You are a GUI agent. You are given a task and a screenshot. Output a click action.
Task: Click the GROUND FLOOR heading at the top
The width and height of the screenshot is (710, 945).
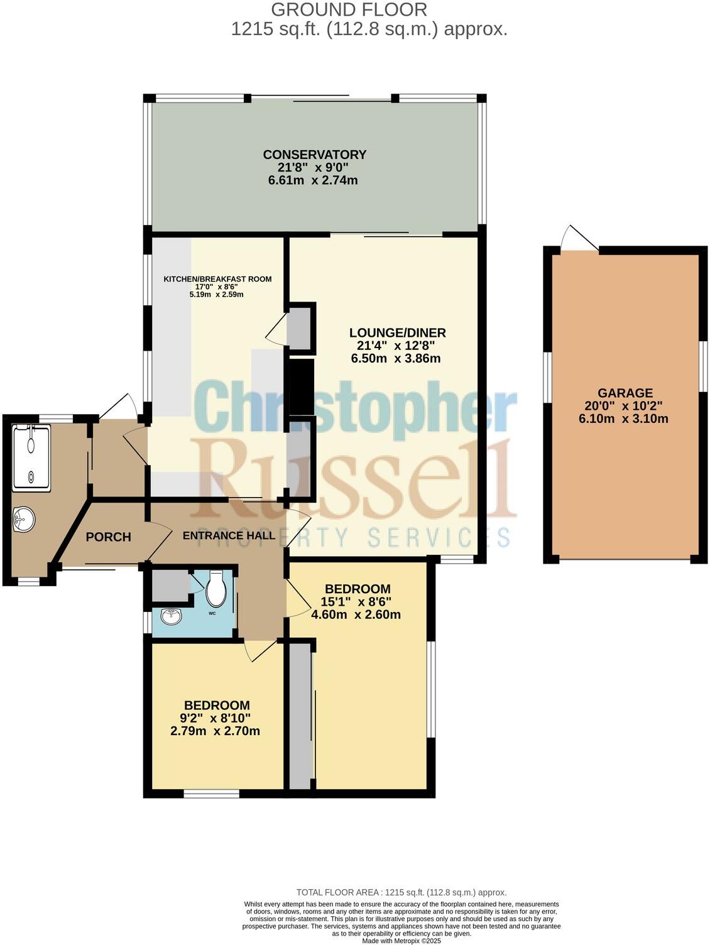pos(349,9)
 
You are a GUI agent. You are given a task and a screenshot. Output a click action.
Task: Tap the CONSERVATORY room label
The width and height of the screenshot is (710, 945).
pos(314,155)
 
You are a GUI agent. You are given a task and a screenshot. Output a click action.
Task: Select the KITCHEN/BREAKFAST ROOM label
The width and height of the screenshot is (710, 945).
pos(217,279)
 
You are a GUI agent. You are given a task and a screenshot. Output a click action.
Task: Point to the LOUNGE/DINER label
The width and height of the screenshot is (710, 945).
pos(397,332)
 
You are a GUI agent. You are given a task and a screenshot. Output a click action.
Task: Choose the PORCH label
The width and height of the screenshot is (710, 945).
pos(108,537)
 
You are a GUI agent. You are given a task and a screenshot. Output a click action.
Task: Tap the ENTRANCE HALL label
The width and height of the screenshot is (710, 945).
pos(229,535)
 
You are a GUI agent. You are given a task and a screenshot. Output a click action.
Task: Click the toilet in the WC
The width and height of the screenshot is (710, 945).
pos(217,587)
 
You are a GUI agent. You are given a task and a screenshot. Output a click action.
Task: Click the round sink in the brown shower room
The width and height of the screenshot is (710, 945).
pos(25,519)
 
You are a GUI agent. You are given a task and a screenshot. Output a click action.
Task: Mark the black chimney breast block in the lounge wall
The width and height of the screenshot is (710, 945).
pos(300,386)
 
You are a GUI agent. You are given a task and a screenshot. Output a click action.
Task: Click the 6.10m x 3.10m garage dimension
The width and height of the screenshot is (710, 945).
pos(623,418)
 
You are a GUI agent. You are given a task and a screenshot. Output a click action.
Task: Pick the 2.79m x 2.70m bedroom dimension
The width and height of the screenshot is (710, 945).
pos(215,731)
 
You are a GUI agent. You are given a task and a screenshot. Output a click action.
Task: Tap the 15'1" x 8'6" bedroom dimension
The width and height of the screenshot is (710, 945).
pos(358,601)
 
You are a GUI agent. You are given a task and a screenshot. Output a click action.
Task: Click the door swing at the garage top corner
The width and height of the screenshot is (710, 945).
pos(579,239)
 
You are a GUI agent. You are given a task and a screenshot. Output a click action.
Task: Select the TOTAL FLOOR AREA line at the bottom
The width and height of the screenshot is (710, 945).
pos(401,892)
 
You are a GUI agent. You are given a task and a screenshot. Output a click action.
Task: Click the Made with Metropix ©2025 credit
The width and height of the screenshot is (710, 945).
pos(401,941)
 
